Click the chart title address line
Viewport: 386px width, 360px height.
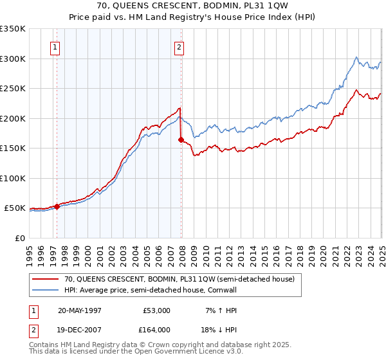(192, 9)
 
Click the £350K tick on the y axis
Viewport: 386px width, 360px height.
(13, 29)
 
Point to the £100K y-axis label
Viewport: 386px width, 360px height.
(13, 178)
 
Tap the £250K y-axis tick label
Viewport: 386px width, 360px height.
(13, 89)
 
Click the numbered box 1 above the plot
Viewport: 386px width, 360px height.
(56, 47)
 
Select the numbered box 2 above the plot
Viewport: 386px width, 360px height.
(179, 47)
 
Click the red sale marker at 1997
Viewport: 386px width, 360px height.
(57, 206)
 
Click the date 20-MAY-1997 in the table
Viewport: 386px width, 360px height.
(80, 310)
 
